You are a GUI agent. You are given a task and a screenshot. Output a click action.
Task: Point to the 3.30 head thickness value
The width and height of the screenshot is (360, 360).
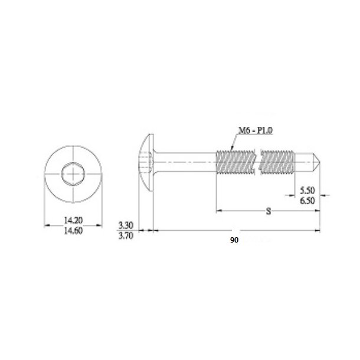coord(126,225)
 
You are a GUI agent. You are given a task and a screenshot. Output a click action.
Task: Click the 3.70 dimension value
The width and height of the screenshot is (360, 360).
coord(126,235)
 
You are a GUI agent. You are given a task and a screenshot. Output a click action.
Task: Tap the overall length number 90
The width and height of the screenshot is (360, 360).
coord(235,240)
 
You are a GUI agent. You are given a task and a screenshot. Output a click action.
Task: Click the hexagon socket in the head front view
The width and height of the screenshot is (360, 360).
coord(70,175)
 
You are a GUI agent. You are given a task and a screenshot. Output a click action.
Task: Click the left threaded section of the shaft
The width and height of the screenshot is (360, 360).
coord(236,161)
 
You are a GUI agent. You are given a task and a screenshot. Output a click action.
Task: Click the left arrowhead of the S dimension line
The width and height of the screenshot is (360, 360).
coord(219,209)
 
